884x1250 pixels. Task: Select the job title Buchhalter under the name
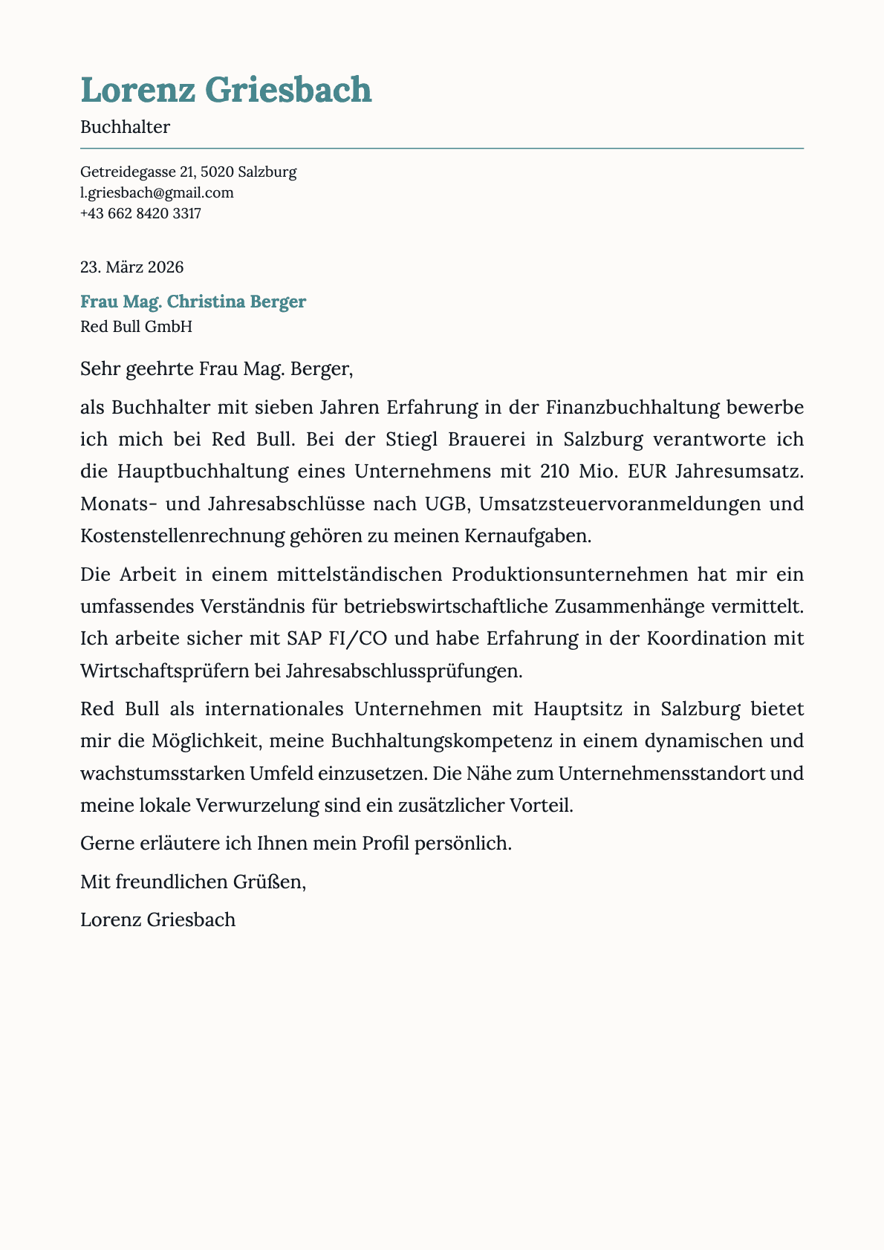(125, 127)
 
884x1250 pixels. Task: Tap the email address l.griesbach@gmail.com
(157, 193)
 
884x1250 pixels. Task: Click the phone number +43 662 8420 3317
(140, 214)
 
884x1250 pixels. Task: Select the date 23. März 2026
(131, 267)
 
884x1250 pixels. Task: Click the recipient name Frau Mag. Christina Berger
(192, 302)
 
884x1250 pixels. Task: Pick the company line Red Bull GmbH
(136, 326)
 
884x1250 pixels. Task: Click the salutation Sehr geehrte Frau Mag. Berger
(216, 369)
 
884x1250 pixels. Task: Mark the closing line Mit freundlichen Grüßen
(192, 882)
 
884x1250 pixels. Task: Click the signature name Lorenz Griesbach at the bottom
(157, 919)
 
